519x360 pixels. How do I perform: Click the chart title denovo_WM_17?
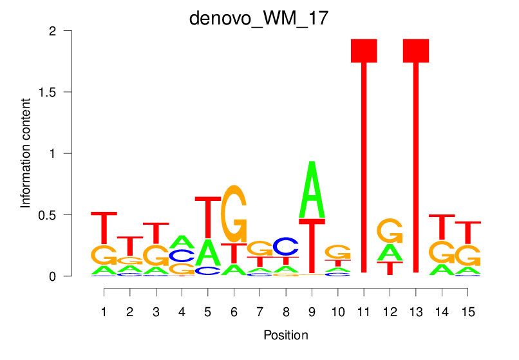click(259, 18)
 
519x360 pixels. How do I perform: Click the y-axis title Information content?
click(26, 153)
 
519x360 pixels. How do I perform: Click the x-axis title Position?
click(285, 336)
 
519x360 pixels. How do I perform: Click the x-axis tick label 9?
click(312, 312)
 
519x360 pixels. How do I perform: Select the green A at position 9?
click(312, 190)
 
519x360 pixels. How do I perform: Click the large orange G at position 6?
click(234, 213)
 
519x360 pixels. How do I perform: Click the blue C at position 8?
click(286, 246)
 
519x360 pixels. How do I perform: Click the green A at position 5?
click(207, 252)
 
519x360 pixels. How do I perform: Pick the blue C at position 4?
click(182, 256)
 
